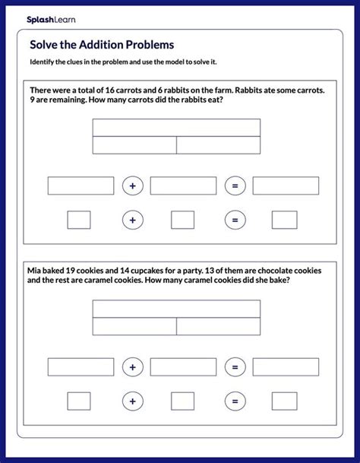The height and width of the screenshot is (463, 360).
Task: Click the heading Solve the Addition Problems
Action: pos(102,44)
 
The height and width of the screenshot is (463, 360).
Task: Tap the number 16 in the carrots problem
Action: pos(113,90)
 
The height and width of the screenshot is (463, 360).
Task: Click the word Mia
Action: pos(36,270)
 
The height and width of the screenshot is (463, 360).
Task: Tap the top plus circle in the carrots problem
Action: pos(133,186)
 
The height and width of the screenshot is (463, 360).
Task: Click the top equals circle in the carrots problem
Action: pos(235,186)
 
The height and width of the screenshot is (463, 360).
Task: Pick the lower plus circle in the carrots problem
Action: pos(133,220)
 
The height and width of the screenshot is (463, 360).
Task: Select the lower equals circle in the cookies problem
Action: pos(235,401)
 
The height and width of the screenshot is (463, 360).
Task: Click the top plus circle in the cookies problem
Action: pos(133,366)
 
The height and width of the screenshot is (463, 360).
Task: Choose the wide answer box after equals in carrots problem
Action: pos(286,186)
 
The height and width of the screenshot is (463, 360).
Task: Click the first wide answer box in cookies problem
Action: pos(81,366)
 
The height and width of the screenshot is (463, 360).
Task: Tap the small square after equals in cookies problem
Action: pos(284,401)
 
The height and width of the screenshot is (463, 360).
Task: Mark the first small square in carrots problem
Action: pos(79,220)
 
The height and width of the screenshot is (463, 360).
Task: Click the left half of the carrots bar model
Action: pos(134,145)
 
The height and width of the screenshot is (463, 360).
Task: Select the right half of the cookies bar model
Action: pos(219,326)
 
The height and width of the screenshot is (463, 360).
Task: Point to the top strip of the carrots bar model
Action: pos(176,127)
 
